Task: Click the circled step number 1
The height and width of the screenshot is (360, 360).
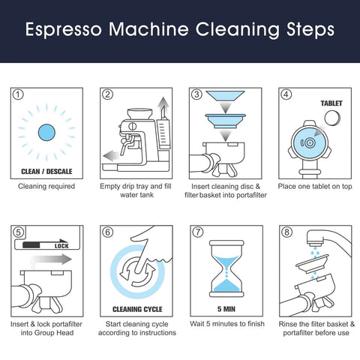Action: click(18, 95)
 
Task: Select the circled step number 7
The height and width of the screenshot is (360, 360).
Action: click(197, 232)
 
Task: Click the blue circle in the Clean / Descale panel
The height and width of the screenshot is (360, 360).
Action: click(46, 130)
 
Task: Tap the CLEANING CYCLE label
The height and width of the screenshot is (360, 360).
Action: click(136, 308)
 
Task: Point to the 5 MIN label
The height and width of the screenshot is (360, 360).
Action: click(224, 308)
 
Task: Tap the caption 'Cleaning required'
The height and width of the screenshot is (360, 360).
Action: click(46, 186)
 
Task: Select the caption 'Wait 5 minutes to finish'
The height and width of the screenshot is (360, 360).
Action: click(225, 323)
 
